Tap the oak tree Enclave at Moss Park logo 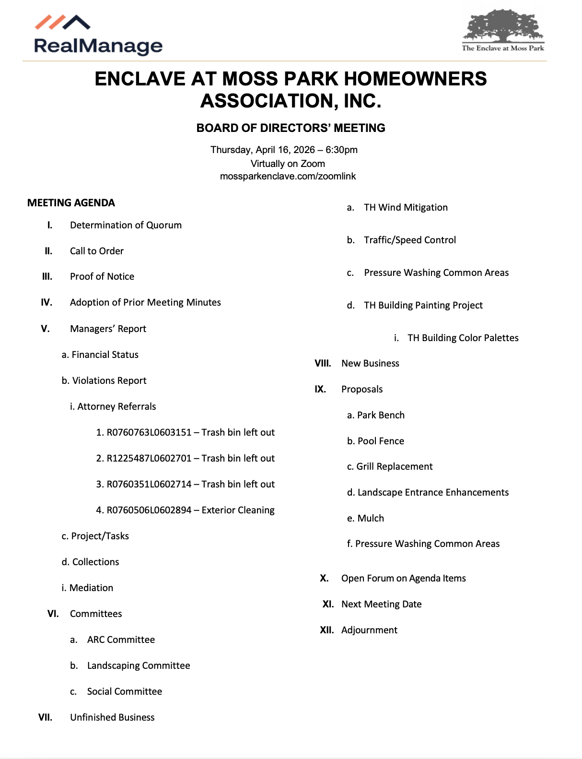(x=503, y=30)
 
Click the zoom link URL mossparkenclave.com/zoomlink (x=288, y=176)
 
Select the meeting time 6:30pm (x=341, y=150)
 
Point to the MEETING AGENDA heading (x=71, y=203)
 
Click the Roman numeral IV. (x=47, y=302)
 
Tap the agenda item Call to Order (x=97, y=251)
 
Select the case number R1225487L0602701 (x=149, y=458)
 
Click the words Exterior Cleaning (x=238, y=510)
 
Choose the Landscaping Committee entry (x=139, y=665)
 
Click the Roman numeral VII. (x=46, y=717)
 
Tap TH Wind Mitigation (x=406, y=207)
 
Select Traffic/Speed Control (x=410, y=240)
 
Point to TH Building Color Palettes (x=463, y=338)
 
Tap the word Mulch (x=371, y=518)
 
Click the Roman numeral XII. (x=327, y=630)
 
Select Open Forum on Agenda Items (x=403, y=578)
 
